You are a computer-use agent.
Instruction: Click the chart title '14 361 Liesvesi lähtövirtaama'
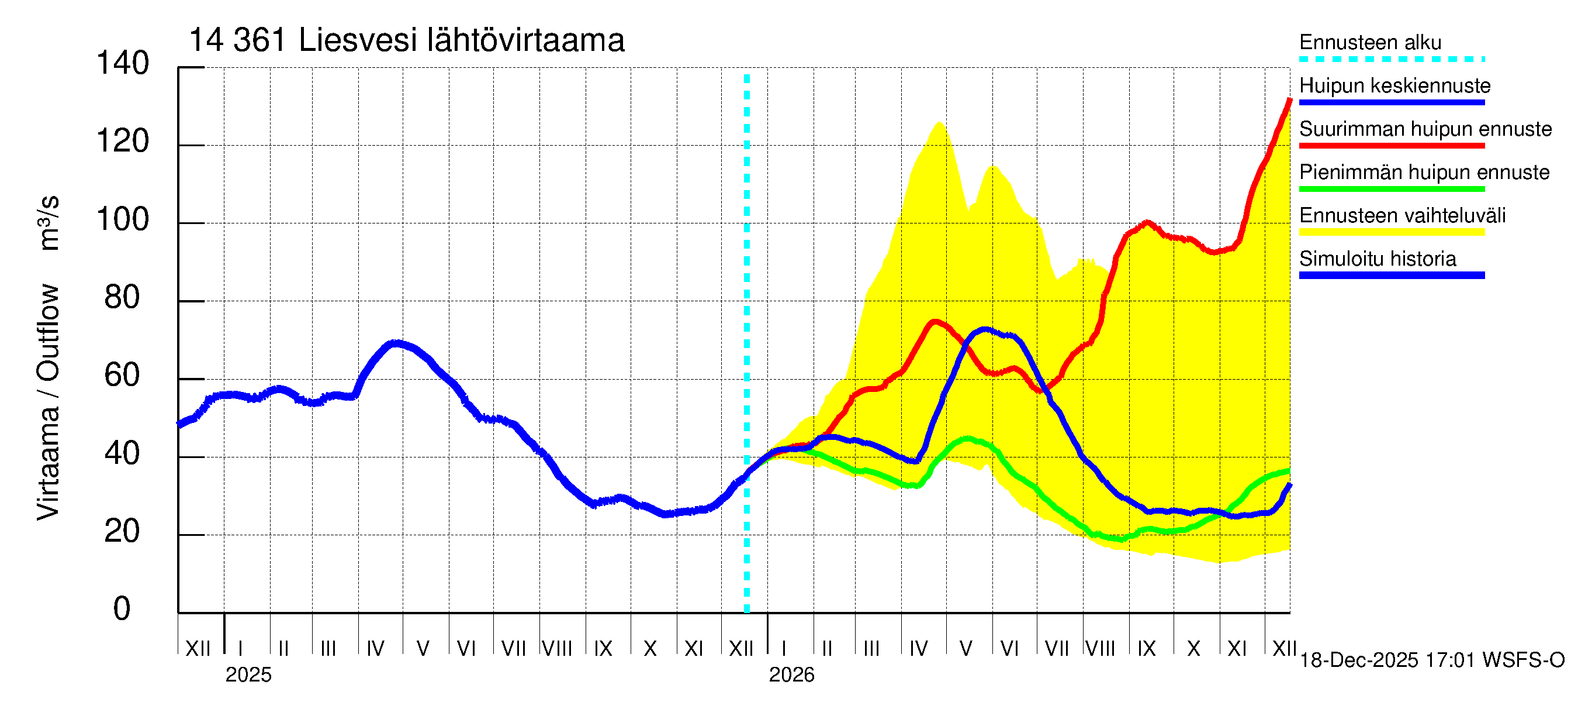tap(406, 40)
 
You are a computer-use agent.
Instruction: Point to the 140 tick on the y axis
tap(123, 64)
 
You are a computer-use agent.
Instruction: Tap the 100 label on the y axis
tap(123, 220)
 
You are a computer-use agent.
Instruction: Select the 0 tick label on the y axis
tap(122, 609)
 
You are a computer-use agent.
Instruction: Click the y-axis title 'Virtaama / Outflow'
tap(49, 401)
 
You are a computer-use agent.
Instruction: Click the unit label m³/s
tap(49, 222)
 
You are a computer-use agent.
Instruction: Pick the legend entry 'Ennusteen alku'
tap(1370, 42)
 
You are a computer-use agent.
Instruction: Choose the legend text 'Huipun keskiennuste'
tap(1394, 85)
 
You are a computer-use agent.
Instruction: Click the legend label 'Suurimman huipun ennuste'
tap(1425, 129)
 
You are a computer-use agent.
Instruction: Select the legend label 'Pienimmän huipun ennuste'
tap(1424, 172)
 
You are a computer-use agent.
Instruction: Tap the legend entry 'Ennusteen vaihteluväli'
tap(1401, 215)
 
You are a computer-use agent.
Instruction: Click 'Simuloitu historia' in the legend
tap(1377, 259)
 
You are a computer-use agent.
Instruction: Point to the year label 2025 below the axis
tap(248, 675)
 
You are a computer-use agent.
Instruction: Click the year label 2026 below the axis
tap(791, 675)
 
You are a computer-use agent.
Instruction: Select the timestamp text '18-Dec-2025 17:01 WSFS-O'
tap(1431, 660)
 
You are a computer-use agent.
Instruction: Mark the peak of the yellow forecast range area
tap(939, 123)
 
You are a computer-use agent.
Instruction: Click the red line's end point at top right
tap(1289, 100)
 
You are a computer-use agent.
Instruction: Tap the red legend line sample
tap(1391, 146)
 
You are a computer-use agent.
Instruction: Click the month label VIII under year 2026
tap(1100, 649)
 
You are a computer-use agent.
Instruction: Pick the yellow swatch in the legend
tap(1391, 232)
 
